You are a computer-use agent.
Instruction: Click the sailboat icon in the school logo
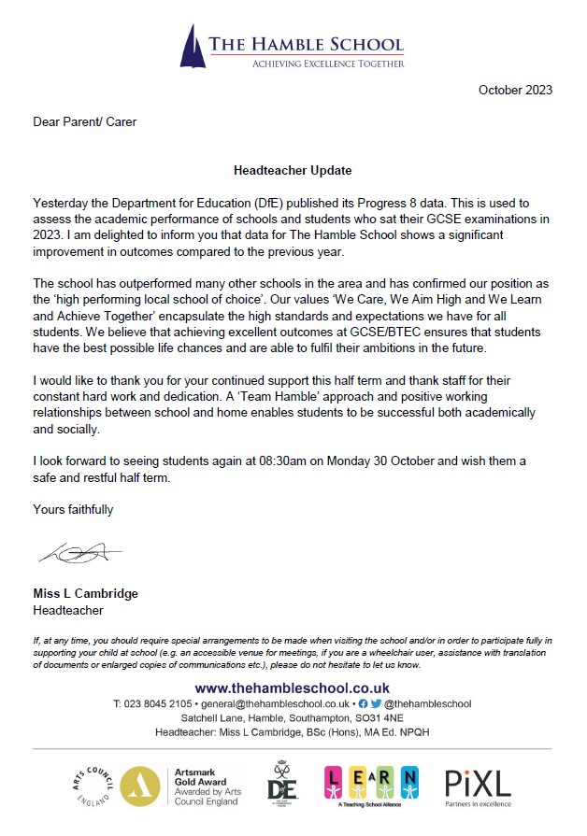[x=192, y=46]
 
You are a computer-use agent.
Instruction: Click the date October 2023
[x=515, y=91]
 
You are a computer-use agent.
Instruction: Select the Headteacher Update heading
[x=293, y=171]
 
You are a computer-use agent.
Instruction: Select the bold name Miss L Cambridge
[x=85, y=594]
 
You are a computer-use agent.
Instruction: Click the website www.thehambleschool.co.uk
[x=292, y=688]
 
